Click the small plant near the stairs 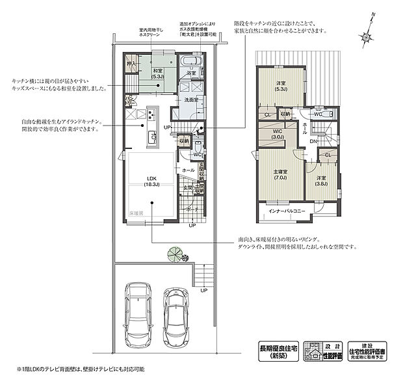click(174, 254)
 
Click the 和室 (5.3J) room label click(158, 73)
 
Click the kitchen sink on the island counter click(152, 137)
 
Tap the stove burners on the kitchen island click(151, 116)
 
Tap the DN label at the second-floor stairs click(313, 141)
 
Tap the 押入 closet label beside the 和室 click(130, 64)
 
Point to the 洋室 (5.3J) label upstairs click(280, 85)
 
